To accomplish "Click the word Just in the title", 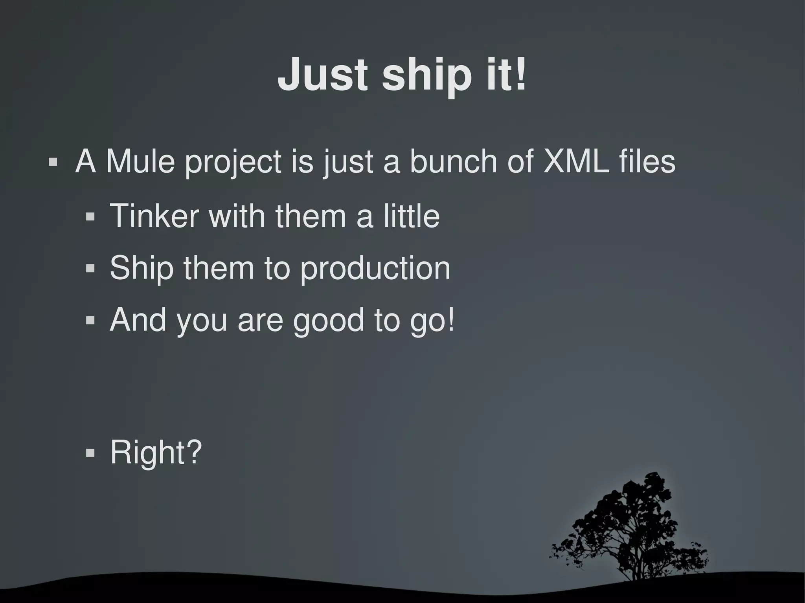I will coord(322,75).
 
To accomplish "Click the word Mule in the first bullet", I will coord(140,161).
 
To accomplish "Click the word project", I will coord(233,163).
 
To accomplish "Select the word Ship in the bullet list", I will coord(142,268).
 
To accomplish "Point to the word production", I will coord(375,269).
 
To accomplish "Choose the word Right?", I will coord(156,452).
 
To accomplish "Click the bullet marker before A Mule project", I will coord(53,162).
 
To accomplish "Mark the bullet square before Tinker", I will coord(90,216).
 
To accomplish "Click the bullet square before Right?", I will coord(90,453).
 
